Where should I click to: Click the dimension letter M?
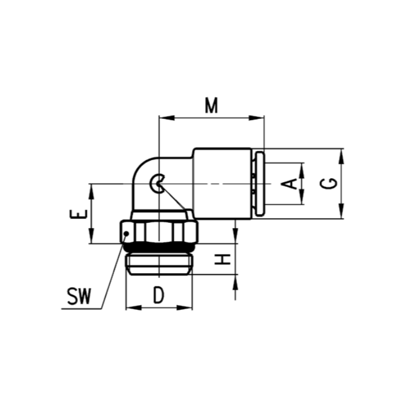click(211, 105)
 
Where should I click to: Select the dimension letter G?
click(329, 183)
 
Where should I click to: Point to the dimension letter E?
click(79, 214)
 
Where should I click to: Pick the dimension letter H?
click(223, 259)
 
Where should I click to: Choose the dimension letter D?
click(159, 295)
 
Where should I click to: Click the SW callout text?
click(79, 297)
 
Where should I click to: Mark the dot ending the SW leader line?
click(126, 233)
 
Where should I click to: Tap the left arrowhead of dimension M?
click(167, 118)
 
